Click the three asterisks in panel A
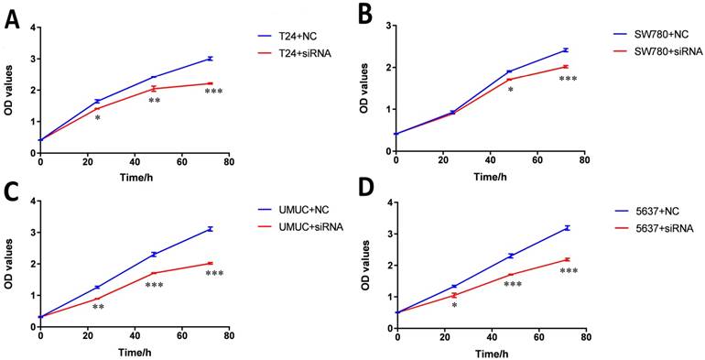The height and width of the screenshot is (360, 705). [x=213, y=92]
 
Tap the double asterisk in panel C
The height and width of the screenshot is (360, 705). [x=99, y=307]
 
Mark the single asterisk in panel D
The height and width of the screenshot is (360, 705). [x=454, y=306]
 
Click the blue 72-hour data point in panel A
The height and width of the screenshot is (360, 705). [x=210, y=59]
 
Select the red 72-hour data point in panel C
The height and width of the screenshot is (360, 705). [x=210, y=263]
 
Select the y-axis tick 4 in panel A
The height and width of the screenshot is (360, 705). [x=31, y=27]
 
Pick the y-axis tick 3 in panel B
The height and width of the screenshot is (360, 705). [x=386, y=26]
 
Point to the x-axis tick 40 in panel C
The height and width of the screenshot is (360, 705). [x=135, y=336]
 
